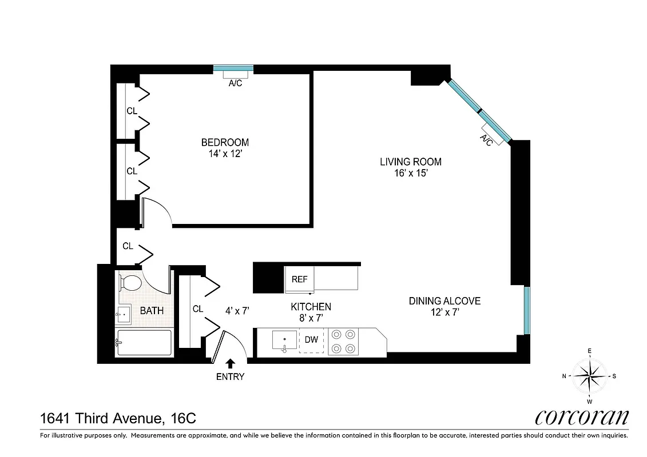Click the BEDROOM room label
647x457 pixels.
pos(225,142)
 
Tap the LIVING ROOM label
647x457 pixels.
pos(410,162)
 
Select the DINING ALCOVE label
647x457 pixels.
pos(444,301)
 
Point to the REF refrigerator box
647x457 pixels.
pos(299,279)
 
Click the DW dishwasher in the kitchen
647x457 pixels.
pos(311,340)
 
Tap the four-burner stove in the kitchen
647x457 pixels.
pos(343,341)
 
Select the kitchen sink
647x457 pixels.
pos(284,340)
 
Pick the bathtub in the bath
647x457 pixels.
pos(144,343)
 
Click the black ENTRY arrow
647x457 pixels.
pos(231,363)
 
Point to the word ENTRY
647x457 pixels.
pos(230,377)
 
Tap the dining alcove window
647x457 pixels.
pos(527,310)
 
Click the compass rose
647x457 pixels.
pos(590,375)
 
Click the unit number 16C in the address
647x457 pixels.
pos(183,419)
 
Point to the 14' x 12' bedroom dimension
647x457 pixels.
pos(225,154)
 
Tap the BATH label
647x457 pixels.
pos(152,311)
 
